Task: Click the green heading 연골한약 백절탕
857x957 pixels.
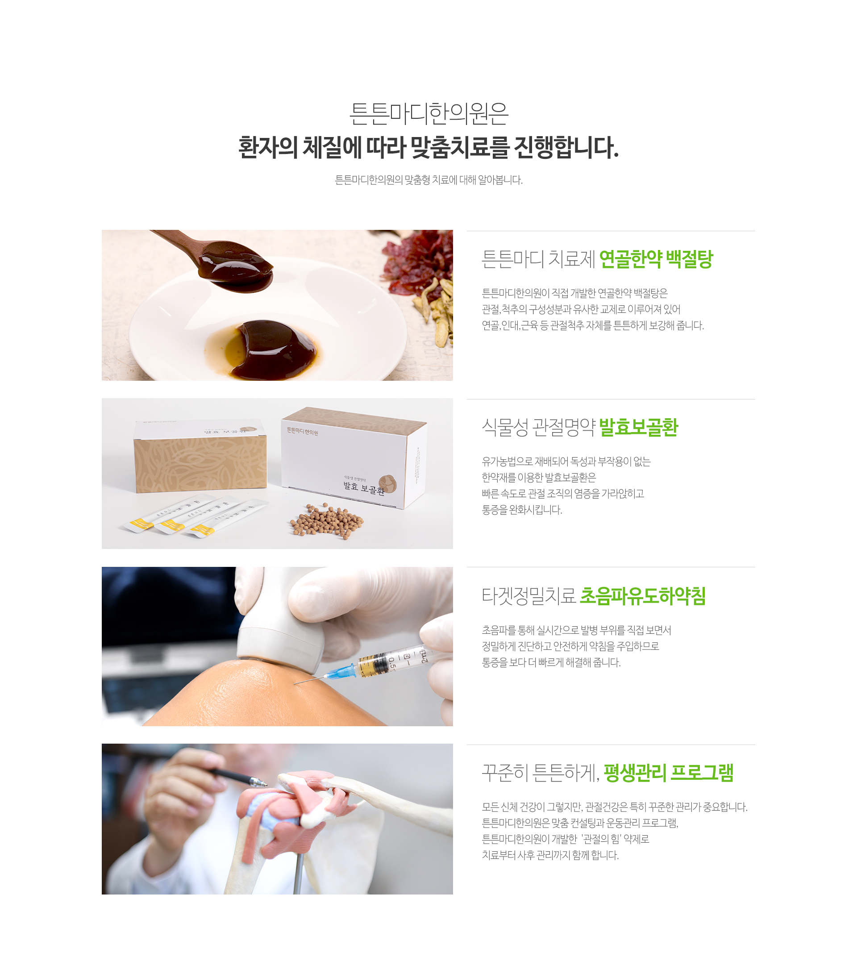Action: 656,259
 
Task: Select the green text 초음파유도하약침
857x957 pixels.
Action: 642,596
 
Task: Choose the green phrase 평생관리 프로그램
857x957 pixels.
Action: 668,773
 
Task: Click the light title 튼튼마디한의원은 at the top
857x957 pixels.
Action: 428,114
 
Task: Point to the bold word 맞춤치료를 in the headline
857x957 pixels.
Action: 460,147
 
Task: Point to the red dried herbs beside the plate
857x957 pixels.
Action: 416,264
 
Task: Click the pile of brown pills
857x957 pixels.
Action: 327,521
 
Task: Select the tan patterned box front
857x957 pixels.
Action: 200,464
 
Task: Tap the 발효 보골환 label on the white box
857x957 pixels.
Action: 363,488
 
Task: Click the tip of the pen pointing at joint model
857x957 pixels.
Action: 266,784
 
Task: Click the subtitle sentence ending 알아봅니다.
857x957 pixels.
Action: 428,180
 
